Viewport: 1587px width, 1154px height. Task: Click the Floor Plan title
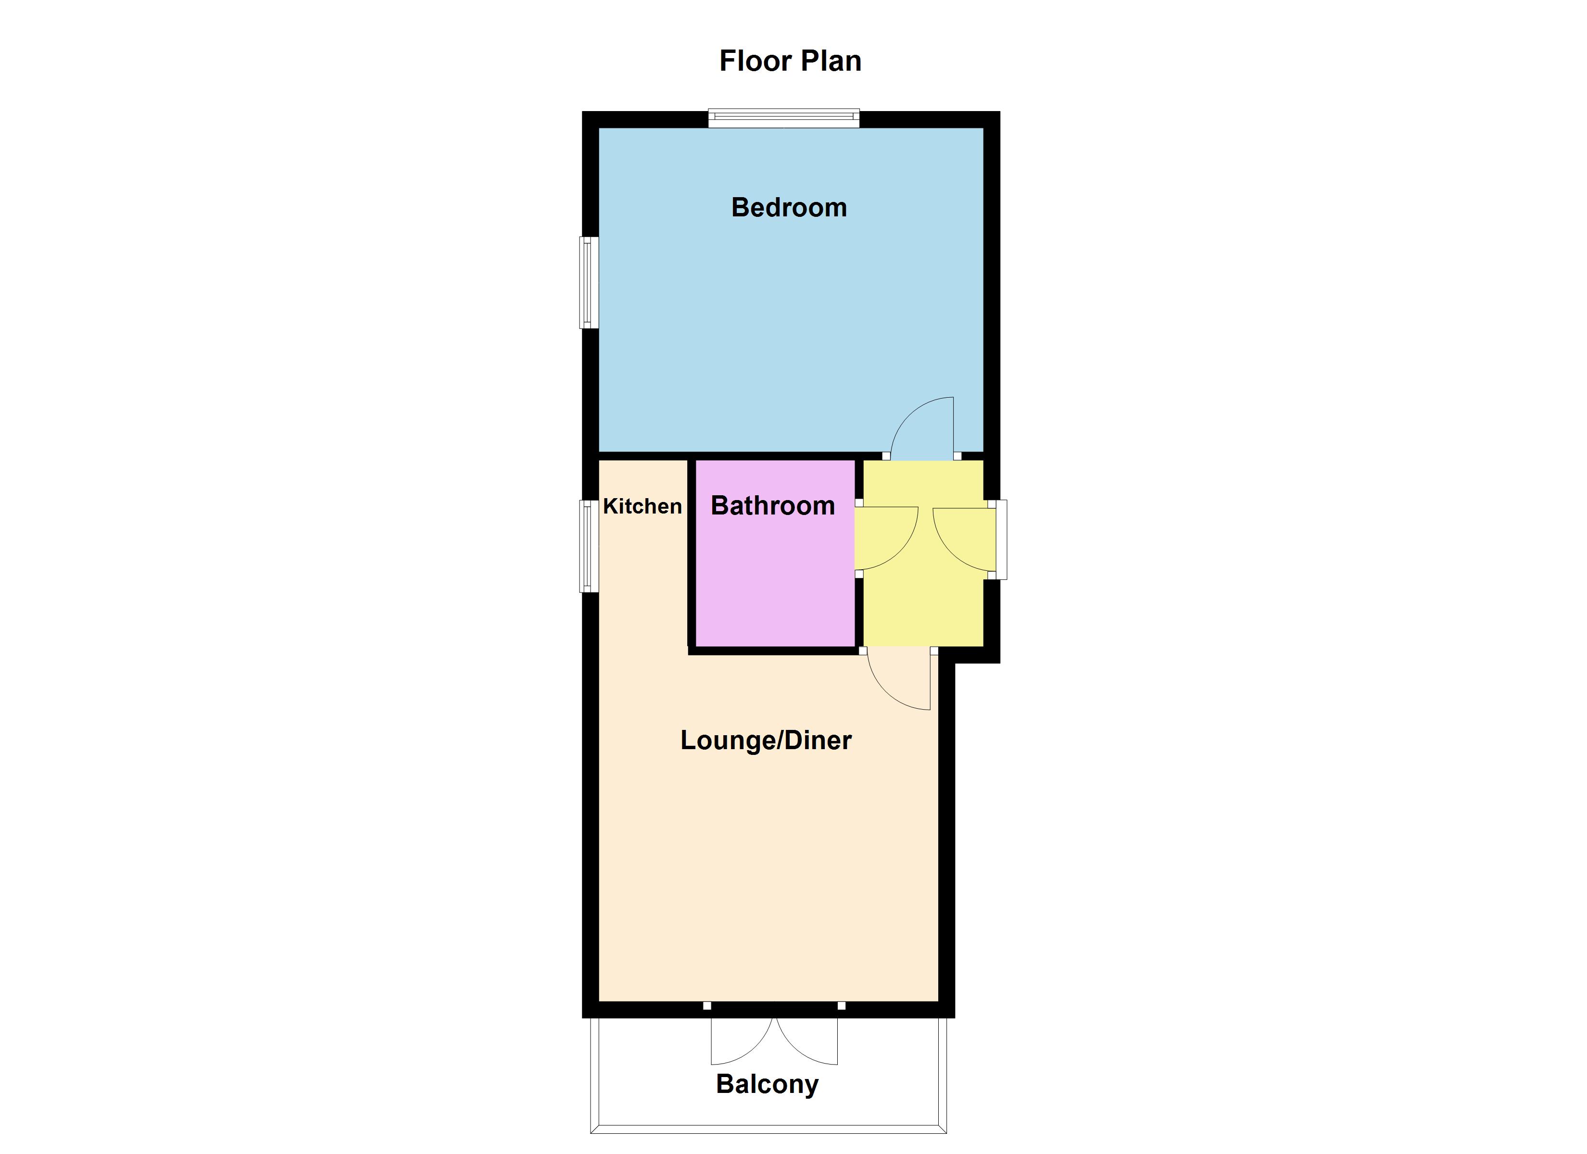(790, 61)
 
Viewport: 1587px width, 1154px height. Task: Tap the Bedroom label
(789, 207)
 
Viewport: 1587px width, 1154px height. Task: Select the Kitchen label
(642, 506)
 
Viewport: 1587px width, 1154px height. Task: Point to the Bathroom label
(772, 505)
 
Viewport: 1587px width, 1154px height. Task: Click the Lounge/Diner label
(766, 740)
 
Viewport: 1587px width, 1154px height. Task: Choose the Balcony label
(767, 1084)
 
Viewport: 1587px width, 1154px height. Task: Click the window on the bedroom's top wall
(784, 118)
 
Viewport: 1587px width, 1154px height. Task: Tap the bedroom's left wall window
(589, 283)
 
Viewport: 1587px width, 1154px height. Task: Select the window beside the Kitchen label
(589, 546)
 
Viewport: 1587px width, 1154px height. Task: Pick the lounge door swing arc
(885, 693)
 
